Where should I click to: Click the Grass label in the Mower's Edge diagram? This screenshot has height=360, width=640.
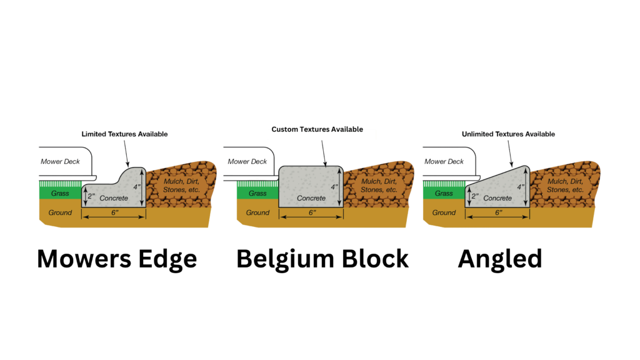(60, 193)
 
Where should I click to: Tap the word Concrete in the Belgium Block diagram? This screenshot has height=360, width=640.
(311, 198)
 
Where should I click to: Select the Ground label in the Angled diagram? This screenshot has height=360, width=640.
(444, 212)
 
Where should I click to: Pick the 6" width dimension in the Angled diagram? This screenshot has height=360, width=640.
(498, 212)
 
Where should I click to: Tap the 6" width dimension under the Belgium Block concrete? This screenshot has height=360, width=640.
(311, 212)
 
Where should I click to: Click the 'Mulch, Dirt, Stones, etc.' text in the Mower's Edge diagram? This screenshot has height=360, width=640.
(181, 185)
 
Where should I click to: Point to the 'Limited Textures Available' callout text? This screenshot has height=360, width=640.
(125, 134)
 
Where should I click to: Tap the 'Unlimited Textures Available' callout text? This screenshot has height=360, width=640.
(508, 134)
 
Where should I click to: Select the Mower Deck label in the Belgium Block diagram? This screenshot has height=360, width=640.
(245, 161)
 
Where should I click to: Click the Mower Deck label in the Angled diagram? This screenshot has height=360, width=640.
(443, 161)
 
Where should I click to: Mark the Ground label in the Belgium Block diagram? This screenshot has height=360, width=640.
(257, 212)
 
